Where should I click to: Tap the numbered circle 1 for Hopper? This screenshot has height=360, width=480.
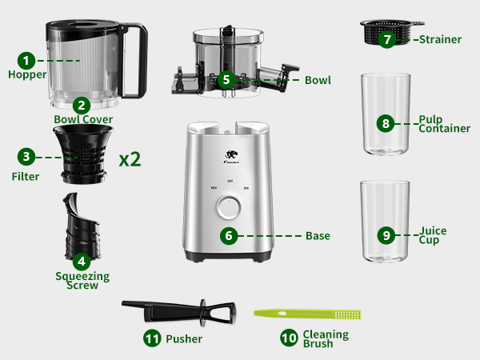(x=27, y=60)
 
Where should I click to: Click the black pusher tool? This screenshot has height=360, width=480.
(x=176, y=307)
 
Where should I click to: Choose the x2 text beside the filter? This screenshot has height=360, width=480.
(x=130, y=158)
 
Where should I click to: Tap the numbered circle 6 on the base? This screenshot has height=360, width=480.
(x=229, y=236)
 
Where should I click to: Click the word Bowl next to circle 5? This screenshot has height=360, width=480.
(x=318, y=81)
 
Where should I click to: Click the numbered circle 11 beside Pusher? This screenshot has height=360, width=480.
(x=152, y=338)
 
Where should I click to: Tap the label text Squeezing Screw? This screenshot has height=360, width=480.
(x=82, y=281)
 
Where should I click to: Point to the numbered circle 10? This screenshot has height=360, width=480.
(x=290, y=338)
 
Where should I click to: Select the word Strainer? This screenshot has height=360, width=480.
(x=440, y=38)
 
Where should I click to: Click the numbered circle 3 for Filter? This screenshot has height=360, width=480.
(x=27, y=156)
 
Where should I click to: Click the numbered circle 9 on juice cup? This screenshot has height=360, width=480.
(x=386, y=235)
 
